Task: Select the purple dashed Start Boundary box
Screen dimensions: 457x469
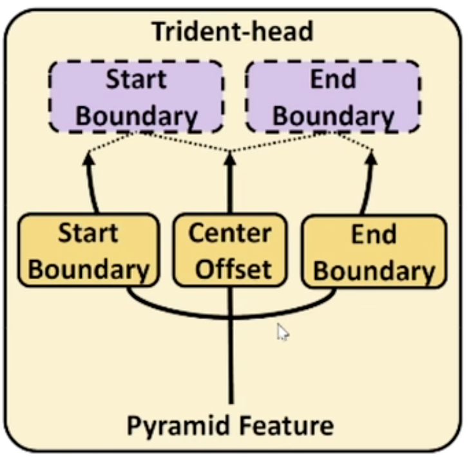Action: click(x=136, y=97)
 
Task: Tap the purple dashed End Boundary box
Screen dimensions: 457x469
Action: click(x=333, y=97)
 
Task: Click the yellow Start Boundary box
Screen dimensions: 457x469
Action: click(x=88, y=251)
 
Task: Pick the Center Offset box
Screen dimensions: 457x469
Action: click(x=229, y=251)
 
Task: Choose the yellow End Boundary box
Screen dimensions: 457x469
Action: click(x=374, y=252)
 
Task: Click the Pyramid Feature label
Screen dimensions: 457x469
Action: click(x=229, y=425)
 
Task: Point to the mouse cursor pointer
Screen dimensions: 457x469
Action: click(x=282, y=331)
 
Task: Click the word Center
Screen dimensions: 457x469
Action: click(x=229, y=233)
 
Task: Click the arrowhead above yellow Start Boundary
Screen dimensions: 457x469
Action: click(x=88, y=157)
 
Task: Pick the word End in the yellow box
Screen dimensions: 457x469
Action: click(x=373, y=234)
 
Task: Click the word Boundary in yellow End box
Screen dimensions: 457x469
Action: click(x=374, y=271)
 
